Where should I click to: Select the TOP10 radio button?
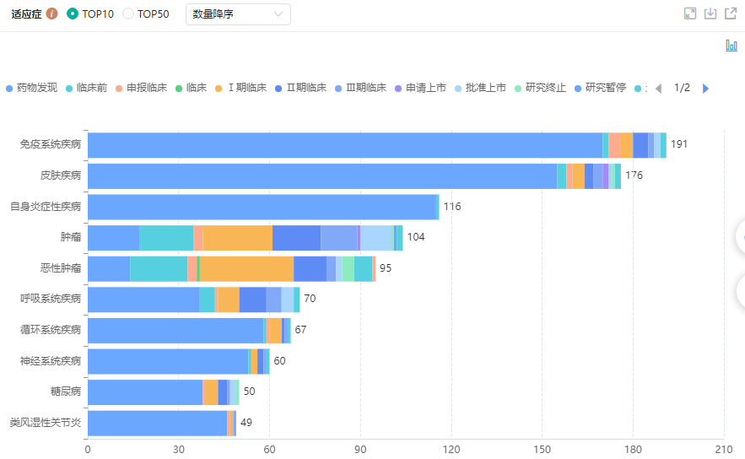pyautogui.click(x=72, y=13)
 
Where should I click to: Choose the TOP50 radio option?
pyautogui.click(x=128, y=13)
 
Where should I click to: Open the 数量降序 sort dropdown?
pyautogui.click(x=238, y=14)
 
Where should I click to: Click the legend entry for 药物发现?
pyautogui.click(x=31, y=88)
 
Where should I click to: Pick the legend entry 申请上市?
pyautogui.click(x=420, y=88)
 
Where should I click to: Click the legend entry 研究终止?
pyautogui.click(x=540, y=88)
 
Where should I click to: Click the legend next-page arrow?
pyautogui.click(x=705, y=88)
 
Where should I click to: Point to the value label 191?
pyautogui.click(x=679, y=144)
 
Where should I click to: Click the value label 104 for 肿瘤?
pyautogui.click(x=416, y=237)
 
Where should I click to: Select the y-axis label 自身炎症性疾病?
pyautogui.click(x=46, y=206)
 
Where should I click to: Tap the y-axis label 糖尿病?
pyautogui.click(x=66, y=391)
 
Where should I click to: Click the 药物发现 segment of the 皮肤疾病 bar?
pyautogui.click(x=321, y=175)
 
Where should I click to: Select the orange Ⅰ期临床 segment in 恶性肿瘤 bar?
pyautogui.click(x=246, y=268)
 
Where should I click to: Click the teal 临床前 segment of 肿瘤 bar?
pyautogui.click(x=166, y=237)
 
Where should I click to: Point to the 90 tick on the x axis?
pyautogui.click(x=360, y=448)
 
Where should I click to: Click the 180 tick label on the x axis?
pyautogui.click(x=633, y=448)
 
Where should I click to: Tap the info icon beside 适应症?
pyautogui.click(x=52, y=13)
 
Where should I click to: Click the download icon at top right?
pyautogui.click(x=710, y=13)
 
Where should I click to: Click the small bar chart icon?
pyautogui.click(x=732, y=46)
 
